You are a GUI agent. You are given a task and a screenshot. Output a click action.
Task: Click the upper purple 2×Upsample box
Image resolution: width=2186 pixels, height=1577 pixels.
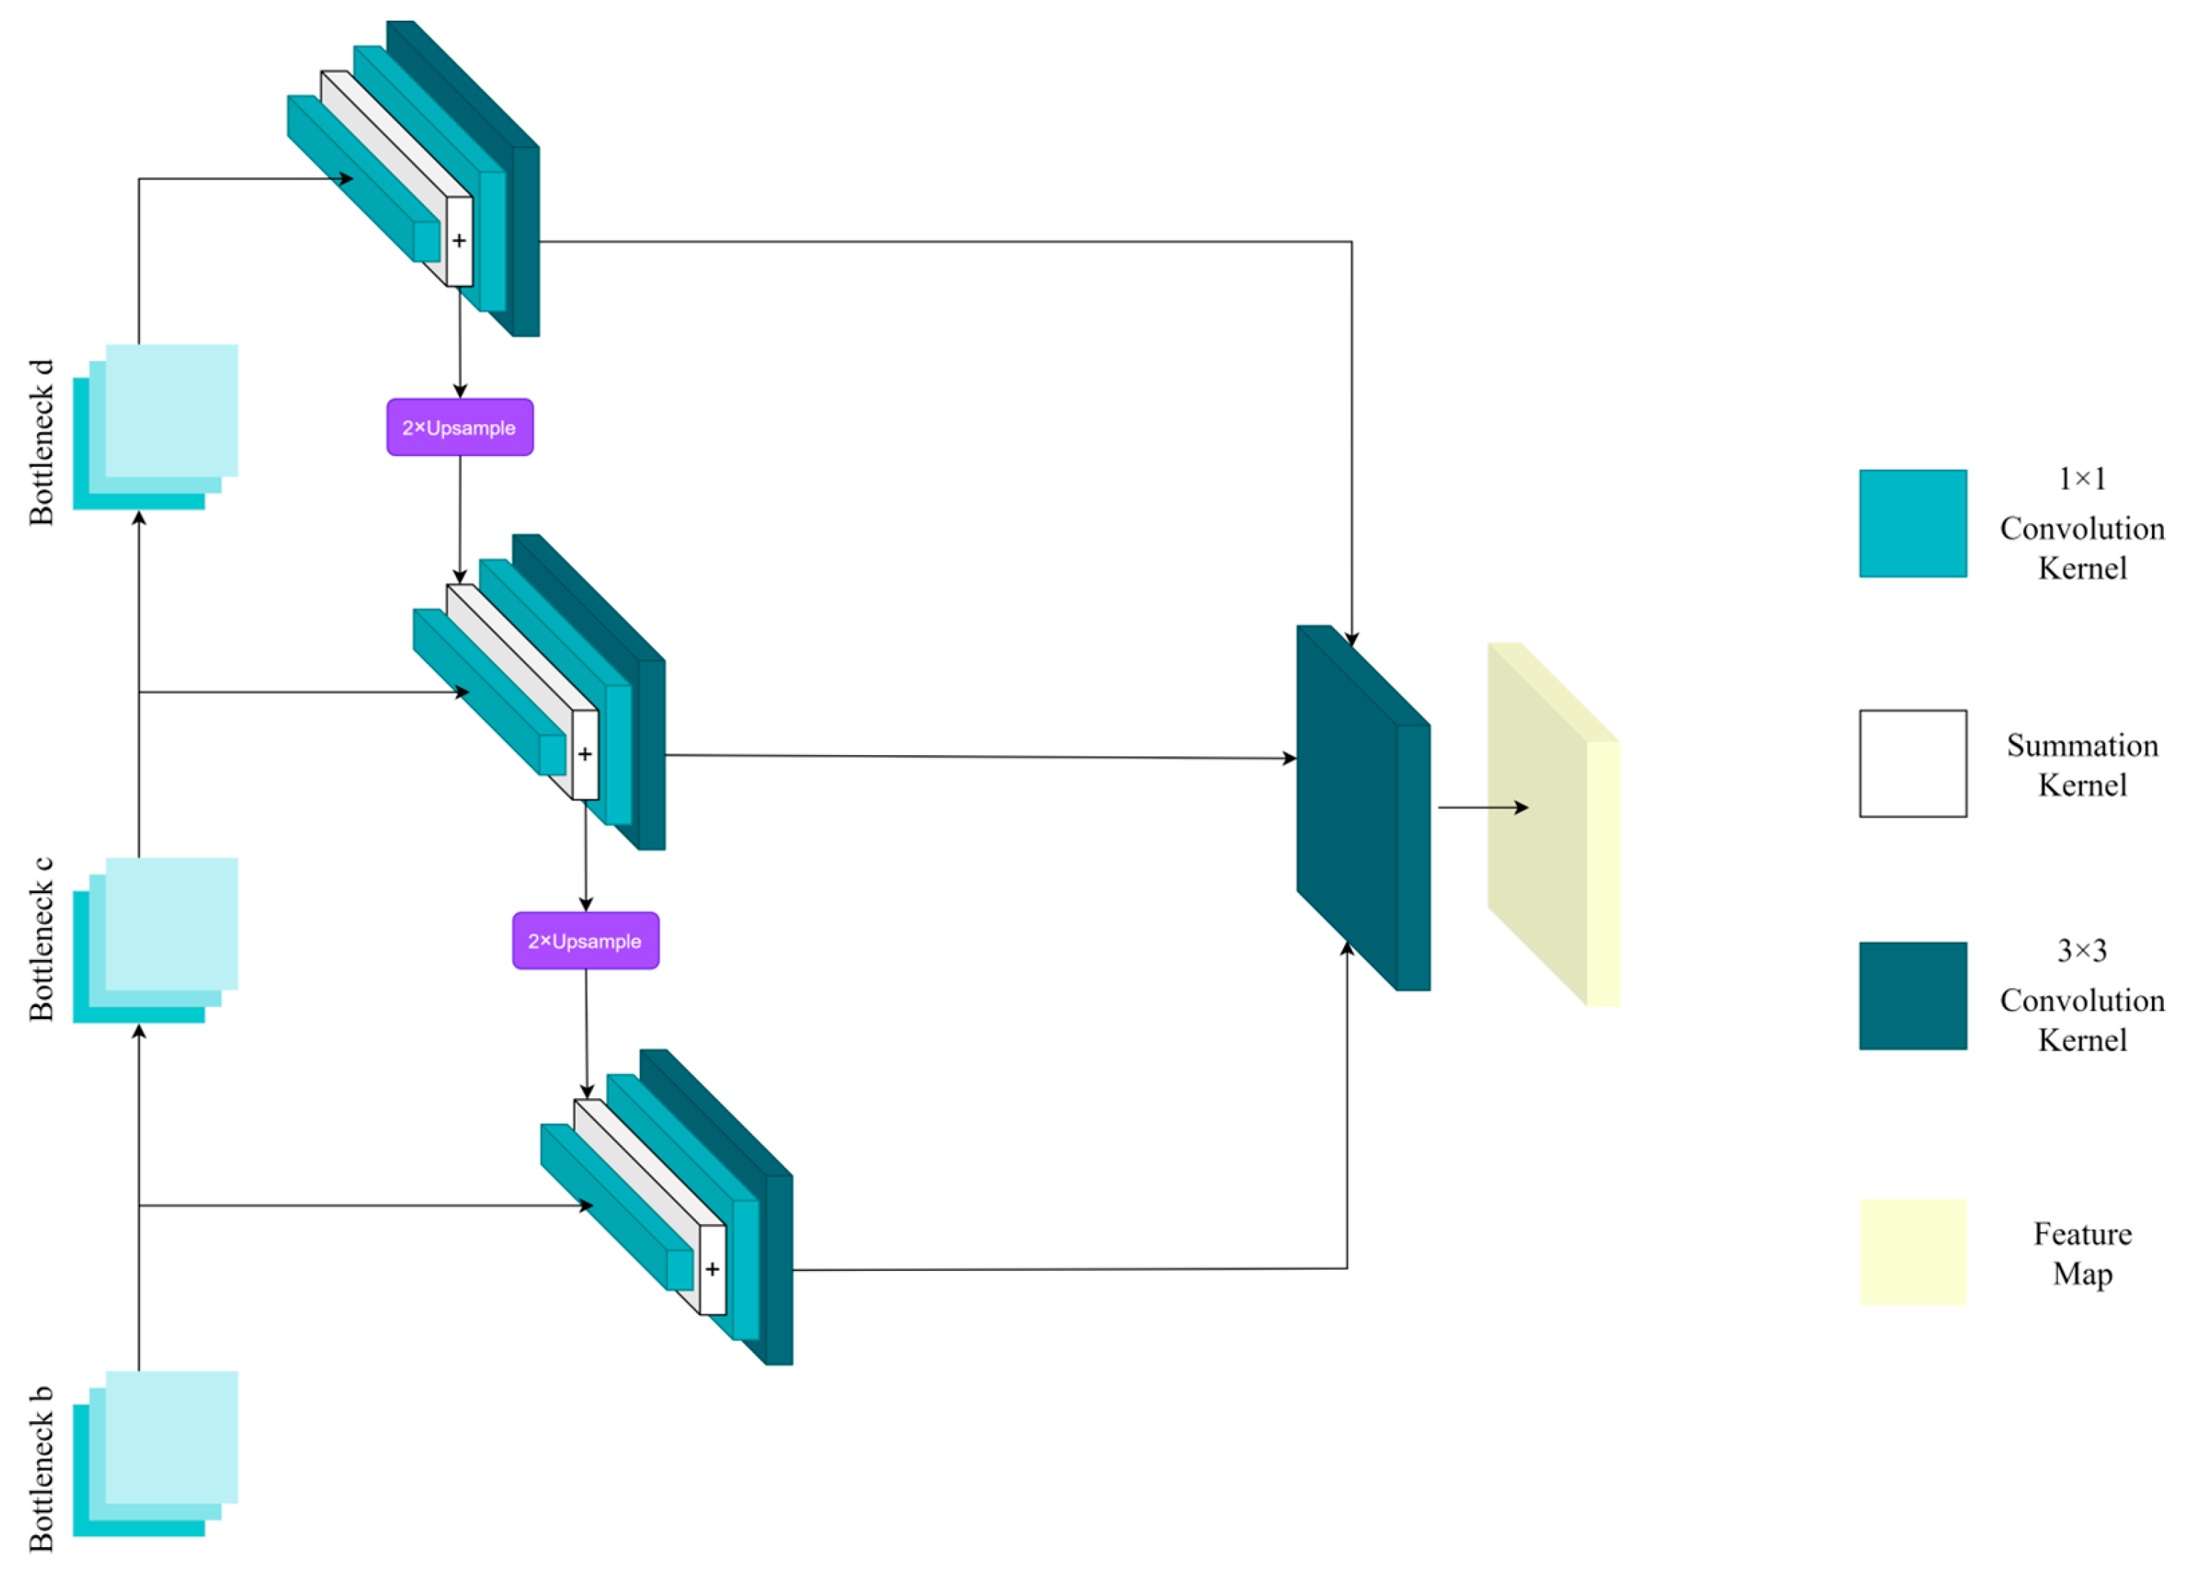(460, 427)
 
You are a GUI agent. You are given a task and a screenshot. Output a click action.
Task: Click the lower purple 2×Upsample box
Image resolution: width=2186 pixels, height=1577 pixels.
(585, 941)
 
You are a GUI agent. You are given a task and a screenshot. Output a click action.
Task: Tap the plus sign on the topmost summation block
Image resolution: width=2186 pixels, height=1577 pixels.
(460, 241)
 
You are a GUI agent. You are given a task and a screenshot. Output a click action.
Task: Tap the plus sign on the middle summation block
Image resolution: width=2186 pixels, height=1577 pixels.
(585, 754)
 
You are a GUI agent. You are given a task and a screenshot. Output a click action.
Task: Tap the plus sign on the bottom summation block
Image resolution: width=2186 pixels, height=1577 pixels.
(712, 1269)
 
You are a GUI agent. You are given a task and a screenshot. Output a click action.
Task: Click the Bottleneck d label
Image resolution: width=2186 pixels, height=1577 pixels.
(41, 443)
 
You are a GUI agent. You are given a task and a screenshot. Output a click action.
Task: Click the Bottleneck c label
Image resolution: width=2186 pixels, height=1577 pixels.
(41, 939)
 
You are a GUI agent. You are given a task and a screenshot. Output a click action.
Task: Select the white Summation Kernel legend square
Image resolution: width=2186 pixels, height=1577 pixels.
(1912, 764)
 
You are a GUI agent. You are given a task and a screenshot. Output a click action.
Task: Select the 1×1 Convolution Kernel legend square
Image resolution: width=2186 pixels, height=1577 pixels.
(1912, 524)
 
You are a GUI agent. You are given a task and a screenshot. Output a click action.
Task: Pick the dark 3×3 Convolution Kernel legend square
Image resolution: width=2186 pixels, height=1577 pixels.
(1912, 996)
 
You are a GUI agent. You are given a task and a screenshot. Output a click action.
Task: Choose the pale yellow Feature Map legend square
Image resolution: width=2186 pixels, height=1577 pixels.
(1912, 1252)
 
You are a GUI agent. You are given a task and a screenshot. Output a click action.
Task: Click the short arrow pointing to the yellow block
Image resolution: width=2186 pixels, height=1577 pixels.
(1482, 808)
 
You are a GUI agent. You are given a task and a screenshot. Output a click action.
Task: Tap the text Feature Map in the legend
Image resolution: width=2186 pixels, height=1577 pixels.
(2082, 1253)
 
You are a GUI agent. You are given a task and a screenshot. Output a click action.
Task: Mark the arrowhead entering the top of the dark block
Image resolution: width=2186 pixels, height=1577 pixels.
(1351, 639)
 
